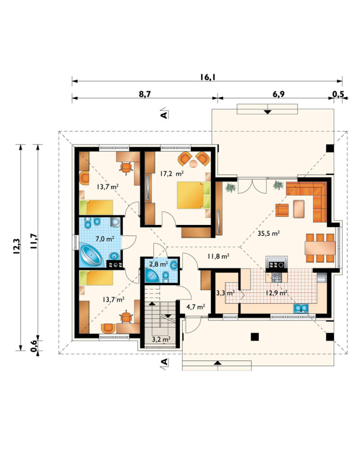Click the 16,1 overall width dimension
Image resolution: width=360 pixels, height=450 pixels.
pyautogui.click(x=208, y=77)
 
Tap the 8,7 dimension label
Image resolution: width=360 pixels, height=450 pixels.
pyautogui.click(x=145, y=94)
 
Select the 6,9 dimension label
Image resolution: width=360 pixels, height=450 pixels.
pyautogui.click(x=278, y=94)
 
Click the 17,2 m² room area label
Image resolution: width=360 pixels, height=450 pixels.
pyautogui.click(x=172, y=173)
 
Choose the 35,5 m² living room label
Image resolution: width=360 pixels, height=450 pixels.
pyautogui.click(x=269, y=233)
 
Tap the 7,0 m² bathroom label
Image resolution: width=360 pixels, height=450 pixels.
pyautogui.click(x=105, y=239)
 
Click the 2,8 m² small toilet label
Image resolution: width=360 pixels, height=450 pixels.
pyautogui.click(x=158, y=264)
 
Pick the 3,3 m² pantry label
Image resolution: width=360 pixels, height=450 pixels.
pyautogui.click(x=225, y=293)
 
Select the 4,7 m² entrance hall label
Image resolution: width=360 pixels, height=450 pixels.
pyautogui.click(x=196, y=307)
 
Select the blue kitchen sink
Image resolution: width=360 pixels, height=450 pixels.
pyautogui.click(x=301, y=309)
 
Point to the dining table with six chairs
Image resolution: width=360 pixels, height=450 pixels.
pyautogui.click(x=320, y=248)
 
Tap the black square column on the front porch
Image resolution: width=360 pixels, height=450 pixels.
pyautogui.click(x=255, y=336)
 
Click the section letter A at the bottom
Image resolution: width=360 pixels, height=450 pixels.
pyautogui.click(x=164, y=362)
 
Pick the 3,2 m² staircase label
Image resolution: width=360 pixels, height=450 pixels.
pyautogui.click(x=161, y=340)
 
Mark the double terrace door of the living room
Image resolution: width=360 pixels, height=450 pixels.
pyautogui.click(x=252, y=186)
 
